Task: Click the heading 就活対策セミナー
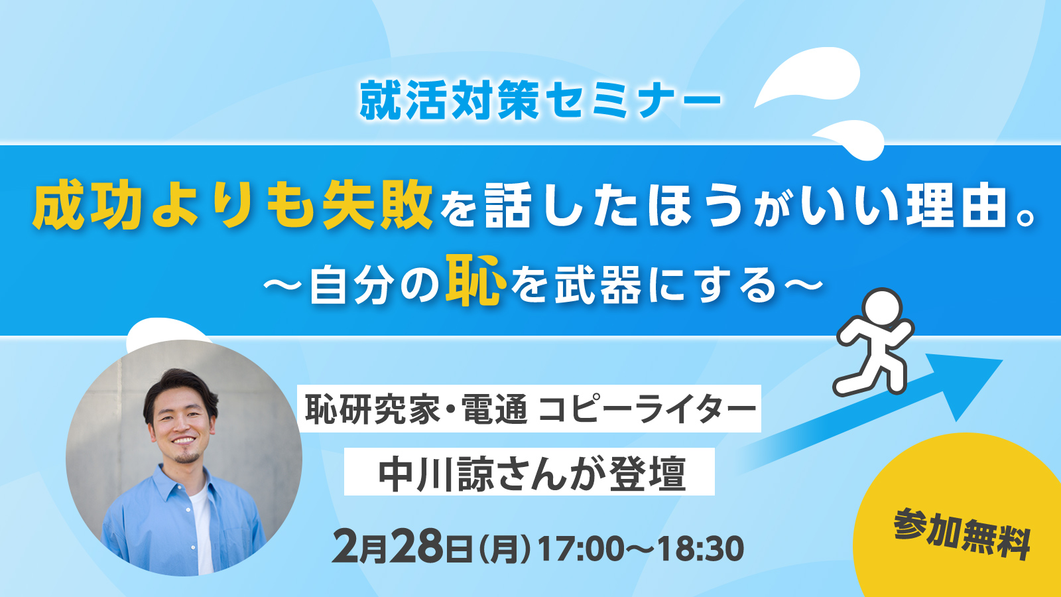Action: click(x=540, y=100)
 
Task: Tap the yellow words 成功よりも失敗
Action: click(x=232, y=206)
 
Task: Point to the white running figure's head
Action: click(x=881, y=308)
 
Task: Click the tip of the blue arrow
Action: click(x=1002, y=361)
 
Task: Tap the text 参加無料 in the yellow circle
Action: click(x=962, y=534)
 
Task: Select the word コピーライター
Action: click(x=647, y=409)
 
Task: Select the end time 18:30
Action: click(x=700, y=549)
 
